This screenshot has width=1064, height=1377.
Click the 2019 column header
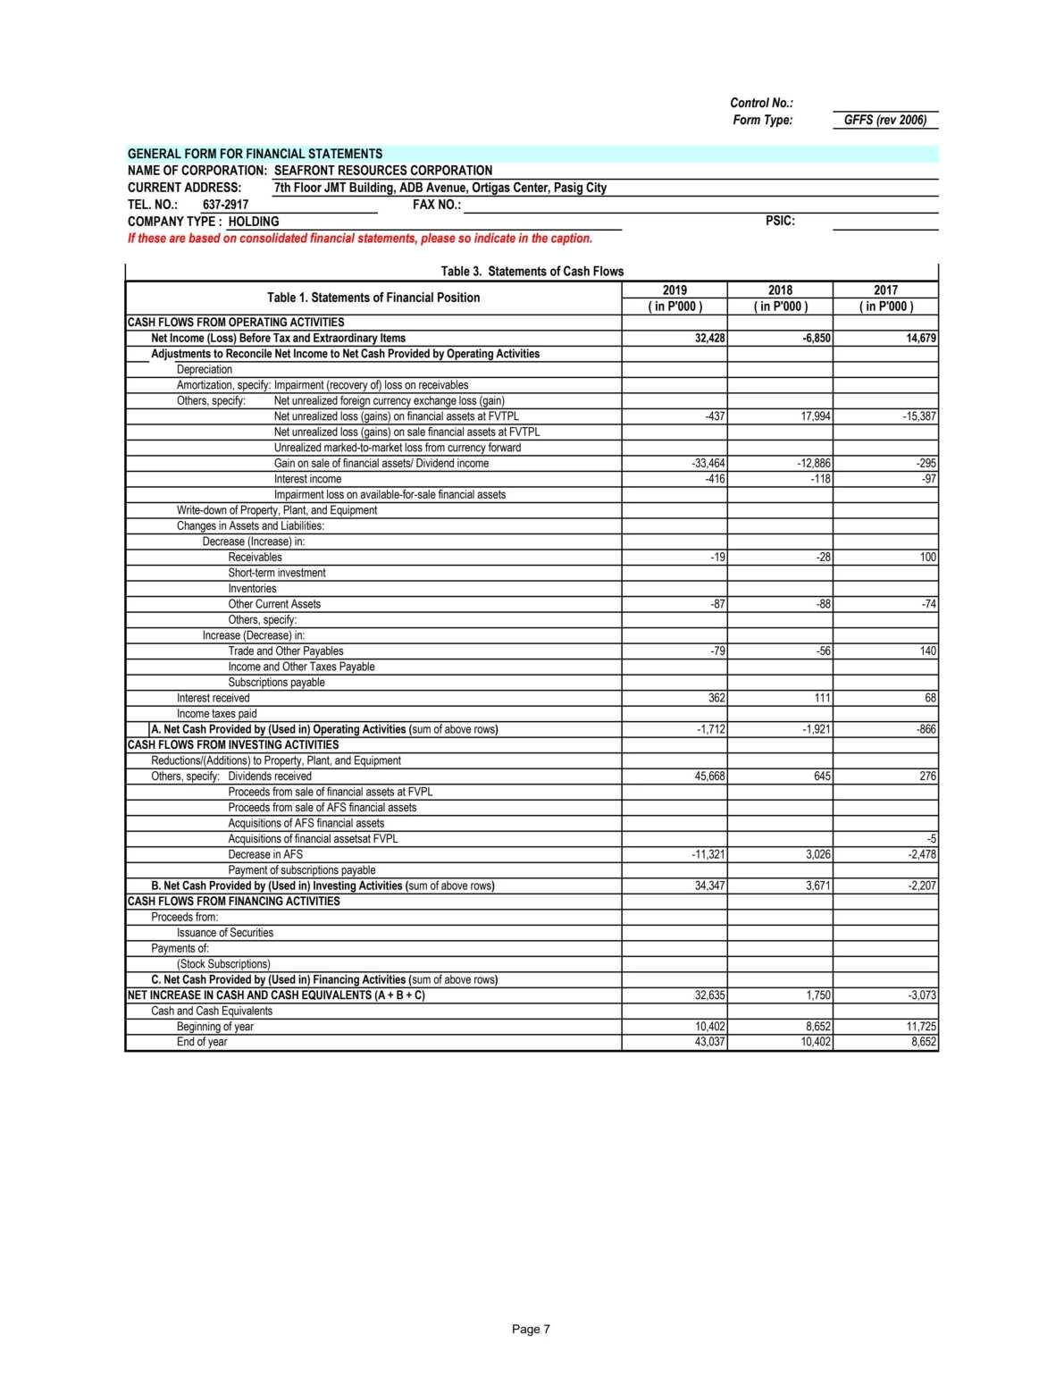(674, 290)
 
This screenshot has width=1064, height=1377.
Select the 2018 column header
(780, 290)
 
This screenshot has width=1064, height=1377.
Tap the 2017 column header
(885, 290)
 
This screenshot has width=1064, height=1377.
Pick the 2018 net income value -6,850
(817, 339)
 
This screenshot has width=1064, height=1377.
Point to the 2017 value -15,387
(919, 416)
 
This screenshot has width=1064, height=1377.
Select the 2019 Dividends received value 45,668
(709, 777)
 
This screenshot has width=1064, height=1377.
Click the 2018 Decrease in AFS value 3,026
(817, 854)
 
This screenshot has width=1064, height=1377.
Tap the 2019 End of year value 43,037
(709, 1042)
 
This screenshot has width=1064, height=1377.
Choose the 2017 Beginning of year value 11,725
(921, 1027)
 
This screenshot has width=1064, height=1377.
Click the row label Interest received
(213, 698)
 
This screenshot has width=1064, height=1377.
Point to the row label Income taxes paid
(216, 714)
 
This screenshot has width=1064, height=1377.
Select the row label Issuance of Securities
(224, 933)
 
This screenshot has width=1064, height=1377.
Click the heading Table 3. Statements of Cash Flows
(532, 272)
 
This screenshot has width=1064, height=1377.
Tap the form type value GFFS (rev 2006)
(884, 121)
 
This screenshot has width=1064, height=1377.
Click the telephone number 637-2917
(225, 205)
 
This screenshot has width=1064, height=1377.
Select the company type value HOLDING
(253, 222)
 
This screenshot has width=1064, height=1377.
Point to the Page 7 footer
(531, 1330)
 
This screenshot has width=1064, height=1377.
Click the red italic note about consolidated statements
(360, 239)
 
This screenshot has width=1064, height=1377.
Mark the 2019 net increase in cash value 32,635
(709, 995)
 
